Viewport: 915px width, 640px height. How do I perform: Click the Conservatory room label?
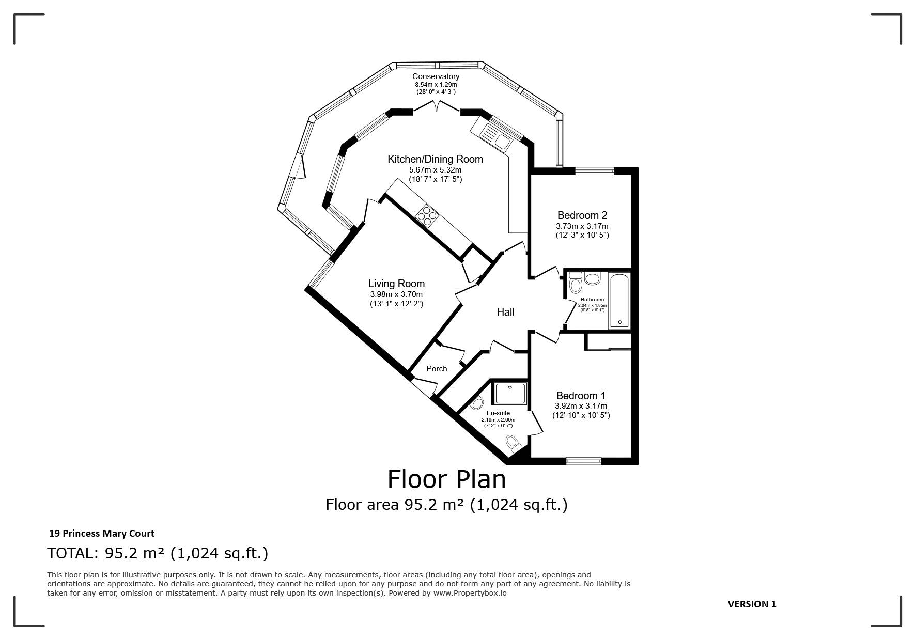pyautogui.click(x=436, y=76)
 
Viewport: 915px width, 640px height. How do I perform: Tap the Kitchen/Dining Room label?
pyautogui.click(x=435, y=159)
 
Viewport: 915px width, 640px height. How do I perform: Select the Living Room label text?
pyautogui.click(x=396, y=284)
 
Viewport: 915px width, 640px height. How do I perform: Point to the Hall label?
pyautogui.click(x=505, y=312)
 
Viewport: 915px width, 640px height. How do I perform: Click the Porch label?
pyautogui.click(x=437, y=369)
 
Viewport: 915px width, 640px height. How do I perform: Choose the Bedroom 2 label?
pyautogui.click(x=582, y=215)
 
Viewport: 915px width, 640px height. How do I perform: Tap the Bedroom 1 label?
pyautogui.click(x=581, y=396)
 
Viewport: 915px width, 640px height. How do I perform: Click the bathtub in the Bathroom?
pyautogui.click(x=619, y=300)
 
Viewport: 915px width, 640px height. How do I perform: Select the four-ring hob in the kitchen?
pyautogui.click(x=427, y=215)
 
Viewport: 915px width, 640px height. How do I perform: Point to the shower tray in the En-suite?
pyautogui.click(x=510, y=393)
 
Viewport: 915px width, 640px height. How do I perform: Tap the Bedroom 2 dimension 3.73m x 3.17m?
pyautogui.click(x=582, y=226)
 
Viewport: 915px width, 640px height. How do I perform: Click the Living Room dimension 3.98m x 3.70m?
pyautogui.click(x=396, y=294)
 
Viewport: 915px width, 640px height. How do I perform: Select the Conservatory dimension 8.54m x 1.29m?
pyautogui.click(x=436, y=85)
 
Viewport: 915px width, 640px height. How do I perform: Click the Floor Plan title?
pyautogui.click(x=446, y=479)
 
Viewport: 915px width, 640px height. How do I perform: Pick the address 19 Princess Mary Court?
pyautogui.click(x=101, y=534)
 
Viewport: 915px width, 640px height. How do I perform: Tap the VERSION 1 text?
pyautogui.click(x=752, y=604)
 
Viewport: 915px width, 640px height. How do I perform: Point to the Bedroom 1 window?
pyautogui.click(x=584, y=461)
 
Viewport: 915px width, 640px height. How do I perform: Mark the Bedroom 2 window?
pyautogui.click(x=595, y=171)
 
